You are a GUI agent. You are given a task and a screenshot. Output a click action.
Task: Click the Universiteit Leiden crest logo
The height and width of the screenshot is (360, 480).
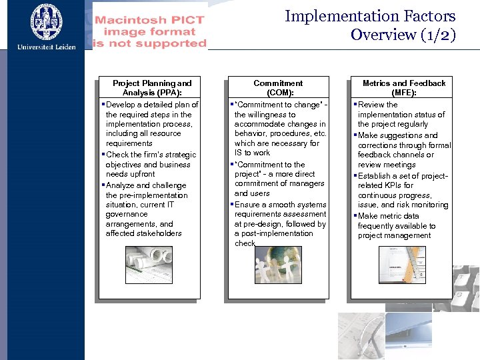point(46,21)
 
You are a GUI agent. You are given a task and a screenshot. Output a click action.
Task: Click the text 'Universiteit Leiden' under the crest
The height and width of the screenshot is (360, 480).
point(47,47)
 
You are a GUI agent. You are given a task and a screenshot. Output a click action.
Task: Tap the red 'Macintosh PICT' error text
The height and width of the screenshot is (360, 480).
point(150,20)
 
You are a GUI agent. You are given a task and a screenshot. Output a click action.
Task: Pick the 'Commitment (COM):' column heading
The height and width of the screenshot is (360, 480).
point(278,88)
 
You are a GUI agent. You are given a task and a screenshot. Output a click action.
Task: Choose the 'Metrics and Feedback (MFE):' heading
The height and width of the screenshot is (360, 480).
point(403,88)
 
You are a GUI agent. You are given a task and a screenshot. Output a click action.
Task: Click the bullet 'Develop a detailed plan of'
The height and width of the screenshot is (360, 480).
point(152,105)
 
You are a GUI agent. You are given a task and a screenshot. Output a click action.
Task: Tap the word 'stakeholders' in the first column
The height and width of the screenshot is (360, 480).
point(143,233)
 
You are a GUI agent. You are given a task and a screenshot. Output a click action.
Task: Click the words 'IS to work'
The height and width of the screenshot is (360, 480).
point(253,153)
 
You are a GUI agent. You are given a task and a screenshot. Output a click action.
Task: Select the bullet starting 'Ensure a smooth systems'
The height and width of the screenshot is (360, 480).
point(280,205)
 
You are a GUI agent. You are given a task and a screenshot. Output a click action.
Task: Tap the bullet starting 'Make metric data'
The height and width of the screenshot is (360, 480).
point(389,216)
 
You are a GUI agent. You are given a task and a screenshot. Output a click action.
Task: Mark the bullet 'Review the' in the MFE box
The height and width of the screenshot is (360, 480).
point(377,105)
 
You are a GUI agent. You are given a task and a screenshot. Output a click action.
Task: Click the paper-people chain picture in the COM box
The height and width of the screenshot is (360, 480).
point(278,265)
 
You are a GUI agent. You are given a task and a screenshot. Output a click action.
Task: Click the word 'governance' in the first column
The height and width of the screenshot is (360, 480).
point(127,214)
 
